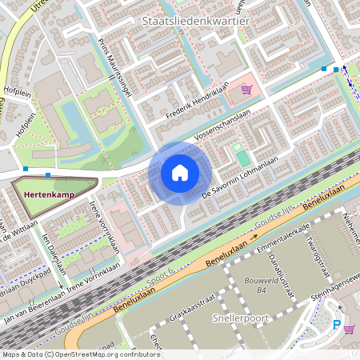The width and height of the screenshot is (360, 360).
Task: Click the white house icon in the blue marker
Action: tap(180, 172)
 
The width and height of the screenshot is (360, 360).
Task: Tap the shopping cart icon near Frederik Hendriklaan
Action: tap(246, 90)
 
